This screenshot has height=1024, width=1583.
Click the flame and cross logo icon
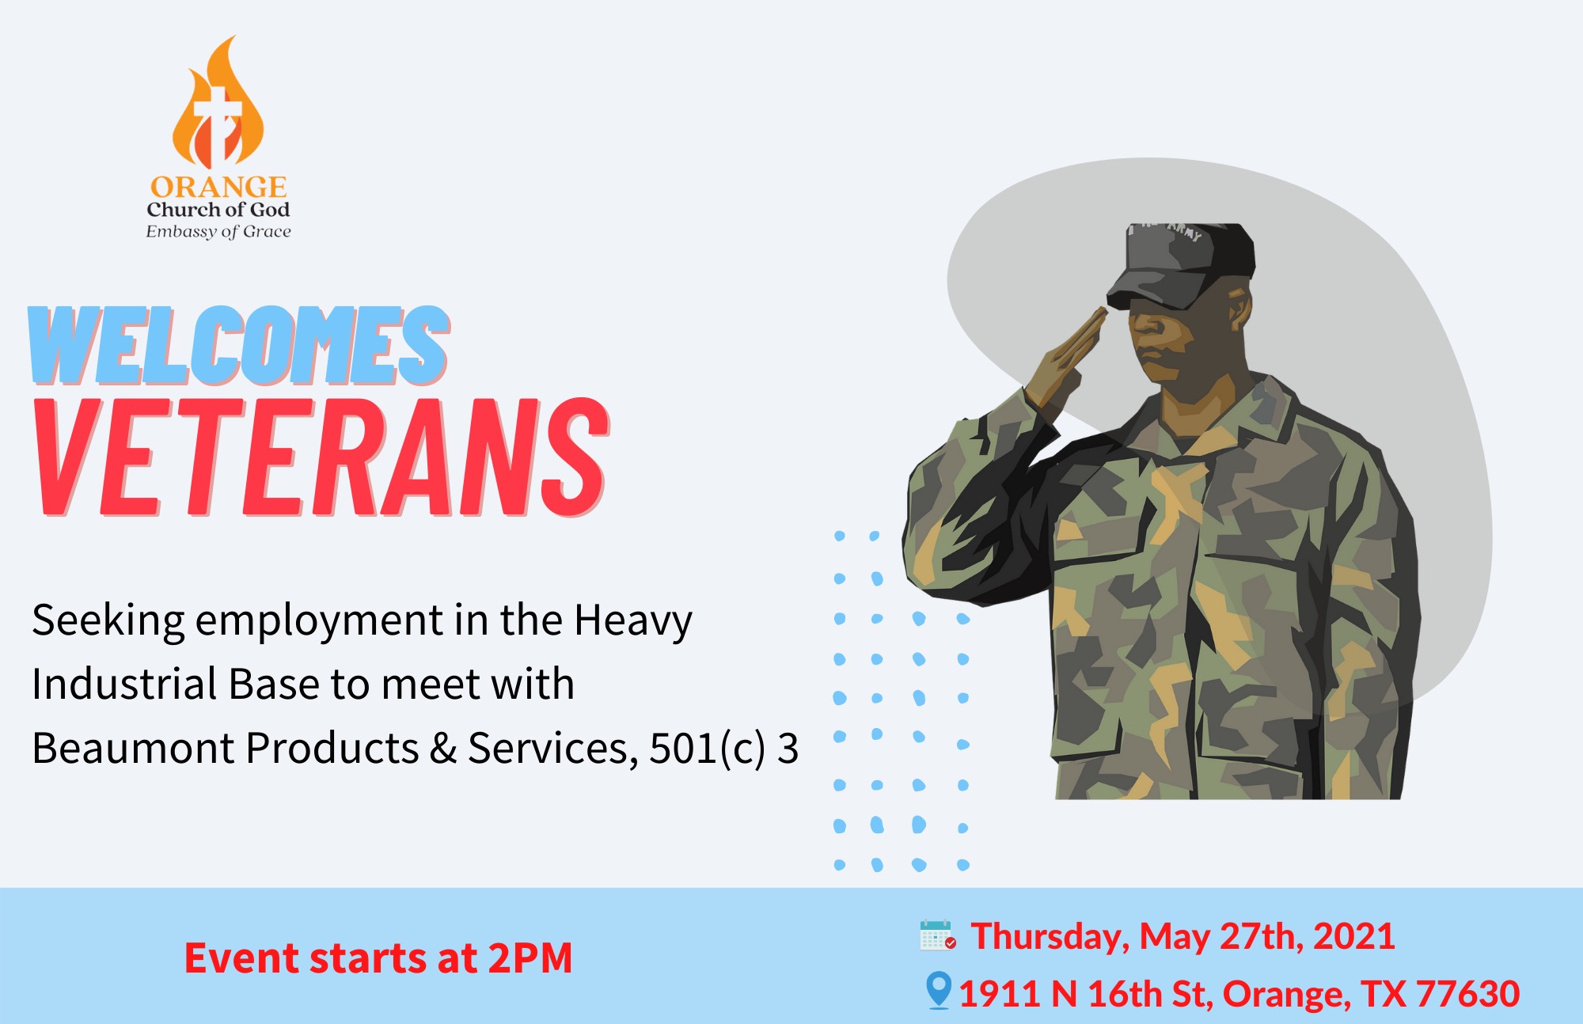click(218, 107)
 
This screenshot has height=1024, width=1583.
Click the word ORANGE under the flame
click(218, 187)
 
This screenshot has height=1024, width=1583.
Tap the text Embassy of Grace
click(218, 232)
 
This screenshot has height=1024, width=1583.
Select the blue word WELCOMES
click(240, 346)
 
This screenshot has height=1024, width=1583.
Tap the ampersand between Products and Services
click(443, 749)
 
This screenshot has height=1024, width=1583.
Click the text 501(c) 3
click(723, 749)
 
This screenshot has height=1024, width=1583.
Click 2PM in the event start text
click(530, 958)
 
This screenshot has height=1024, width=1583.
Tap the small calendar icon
click(937, 935)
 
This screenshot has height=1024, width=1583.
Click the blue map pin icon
click(938, 990)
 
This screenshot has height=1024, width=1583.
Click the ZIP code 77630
click(1468, 994)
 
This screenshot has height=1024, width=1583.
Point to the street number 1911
click(999, 994)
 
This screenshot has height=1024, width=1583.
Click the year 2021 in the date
click(1353, 936)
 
